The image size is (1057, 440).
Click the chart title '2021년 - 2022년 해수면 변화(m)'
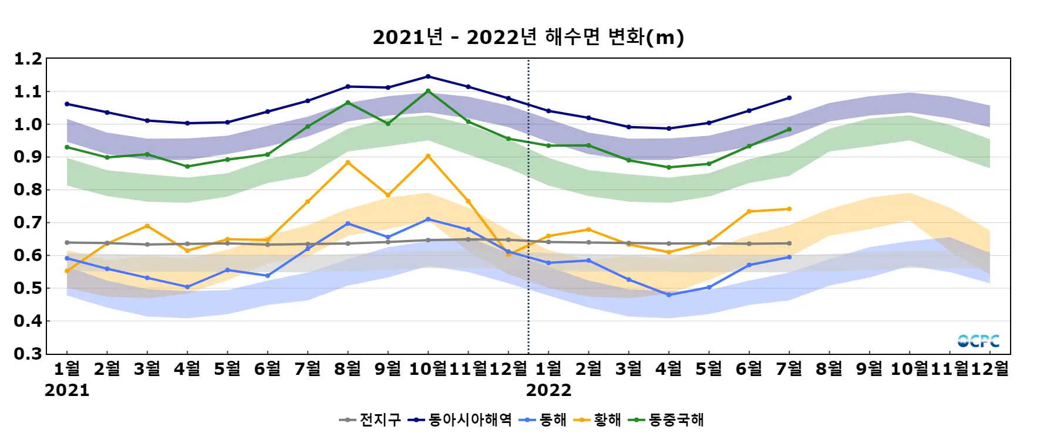528,38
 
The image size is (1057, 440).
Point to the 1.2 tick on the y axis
28,59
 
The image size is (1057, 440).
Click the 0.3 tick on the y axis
28,354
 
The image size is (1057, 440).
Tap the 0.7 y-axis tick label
28,222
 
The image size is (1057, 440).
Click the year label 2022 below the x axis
548,390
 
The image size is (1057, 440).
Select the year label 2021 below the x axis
67,390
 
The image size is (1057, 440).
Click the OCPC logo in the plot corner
978,341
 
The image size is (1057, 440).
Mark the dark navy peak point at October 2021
428,76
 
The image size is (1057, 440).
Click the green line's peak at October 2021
428,91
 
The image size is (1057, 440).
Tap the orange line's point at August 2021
348,163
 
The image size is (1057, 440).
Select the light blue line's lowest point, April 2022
669,295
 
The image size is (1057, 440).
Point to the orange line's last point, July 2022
789,209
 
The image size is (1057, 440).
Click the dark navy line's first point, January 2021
67,104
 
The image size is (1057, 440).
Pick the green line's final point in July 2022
789,130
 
